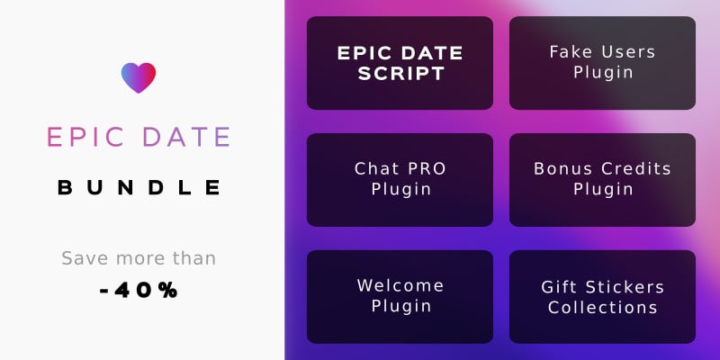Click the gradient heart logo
coord(139,77)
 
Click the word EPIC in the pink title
coord(85,137)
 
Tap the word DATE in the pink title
coord(186,137)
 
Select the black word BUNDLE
coord(139,187)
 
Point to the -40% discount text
coord(139,290)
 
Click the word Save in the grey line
coord(86,258)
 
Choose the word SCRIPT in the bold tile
coord(400,74)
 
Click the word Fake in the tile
coord(569,52)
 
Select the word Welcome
coord(400,285)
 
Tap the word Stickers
coord(625,287)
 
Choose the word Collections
coord(603,308)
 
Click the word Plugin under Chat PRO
coord(401,190)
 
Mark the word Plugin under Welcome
coord(401,306)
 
